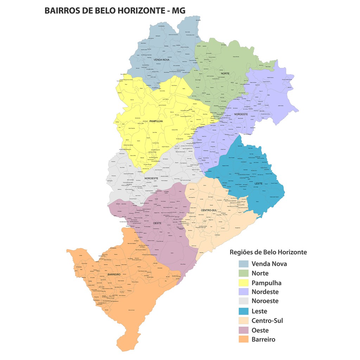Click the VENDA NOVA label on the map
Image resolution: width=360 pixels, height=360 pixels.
click(161, 60)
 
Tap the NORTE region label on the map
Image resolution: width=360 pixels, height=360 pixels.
click(225, 73)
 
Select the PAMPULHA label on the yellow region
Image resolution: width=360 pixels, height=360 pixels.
click(156, 121)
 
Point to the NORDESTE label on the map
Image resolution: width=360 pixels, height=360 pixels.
click(241, 114)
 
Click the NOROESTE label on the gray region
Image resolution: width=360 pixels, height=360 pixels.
click(151, 179)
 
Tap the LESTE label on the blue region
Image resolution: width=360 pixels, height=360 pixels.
click(258, 184)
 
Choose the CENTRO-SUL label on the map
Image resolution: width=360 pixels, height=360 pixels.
click(208, 210)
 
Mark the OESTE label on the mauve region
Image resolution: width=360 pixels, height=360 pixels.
click(157, 223)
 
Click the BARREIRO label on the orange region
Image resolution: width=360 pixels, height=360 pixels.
click(114, 274)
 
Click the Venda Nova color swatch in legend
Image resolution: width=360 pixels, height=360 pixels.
click(243, 264)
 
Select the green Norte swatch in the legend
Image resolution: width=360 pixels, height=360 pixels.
click(243, 274)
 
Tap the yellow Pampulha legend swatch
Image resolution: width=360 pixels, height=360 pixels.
click(243, 283)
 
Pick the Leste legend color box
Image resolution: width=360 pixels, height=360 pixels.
click(243, 311)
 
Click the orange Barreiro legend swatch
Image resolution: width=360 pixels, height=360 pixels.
click(243, 340)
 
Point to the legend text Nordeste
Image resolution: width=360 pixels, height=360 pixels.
click(265, 292)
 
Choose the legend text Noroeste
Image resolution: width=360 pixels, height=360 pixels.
click(265, 301)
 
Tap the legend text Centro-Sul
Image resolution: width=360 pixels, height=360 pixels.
click(267, 321)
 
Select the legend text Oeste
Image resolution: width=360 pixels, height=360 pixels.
click(260, 330)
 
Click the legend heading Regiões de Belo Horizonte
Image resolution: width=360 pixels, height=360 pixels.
click(268, 252)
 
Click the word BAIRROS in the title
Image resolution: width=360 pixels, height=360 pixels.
click(62, 11)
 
